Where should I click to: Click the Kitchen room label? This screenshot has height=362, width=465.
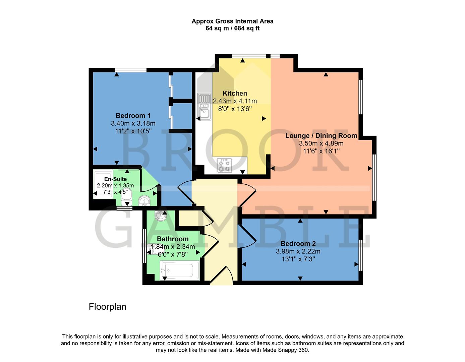click(x=235, y=94)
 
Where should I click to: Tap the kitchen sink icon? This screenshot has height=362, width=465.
click(x=204, y=106)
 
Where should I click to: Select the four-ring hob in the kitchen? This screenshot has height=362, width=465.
click(x=224, y=165)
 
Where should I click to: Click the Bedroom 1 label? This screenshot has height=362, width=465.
click(x=133, y=116)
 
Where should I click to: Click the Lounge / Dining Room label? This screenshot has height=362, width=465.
click(x=321, y=136)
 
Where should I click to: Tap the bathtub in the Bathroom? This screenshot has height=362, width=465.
click(x=180, y=270)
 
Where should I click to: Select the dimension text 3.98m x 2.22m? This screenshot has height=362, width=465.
click(x=298, y=251)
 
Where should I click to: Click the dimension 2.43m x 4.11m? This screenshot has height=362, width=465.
click(x=235, y=101)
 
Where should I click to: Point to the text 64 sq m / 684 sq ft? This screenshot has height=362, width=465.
click(x=232, y=28)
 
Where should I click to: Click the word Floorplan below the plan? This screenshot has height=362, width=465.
click(x=107, y=307)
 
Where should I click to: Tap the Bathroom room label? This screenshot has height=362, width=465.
click(x=173, y=239)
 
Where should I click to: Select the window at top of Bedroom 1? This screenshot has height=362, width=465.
click(x=130, y=70)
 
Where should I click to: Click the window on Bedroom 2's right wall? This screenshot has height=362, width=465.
click(x=361, y=255)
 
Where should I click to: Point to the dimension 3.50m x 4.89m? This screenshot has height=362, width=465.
click(x=321, y=143)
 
